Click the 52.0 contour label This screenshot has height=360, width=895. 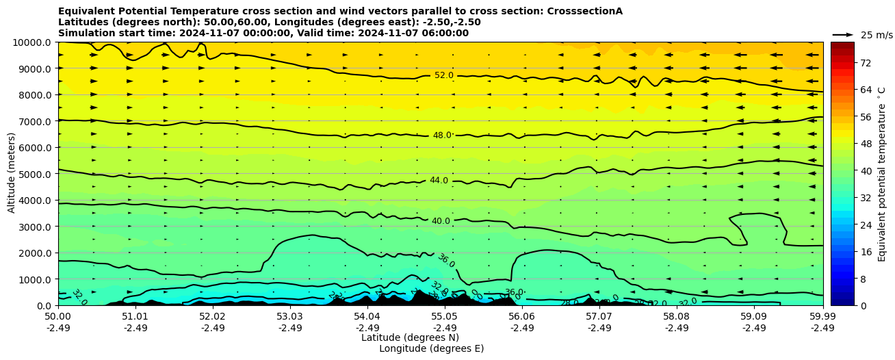[x=443, y=75]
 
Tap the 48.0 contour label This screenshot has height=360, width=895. [x=442, y=136]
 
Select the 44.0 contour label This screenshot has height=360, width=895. [x=439, y=181]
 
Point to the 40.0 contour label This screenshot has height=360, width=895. [x=441, y=221]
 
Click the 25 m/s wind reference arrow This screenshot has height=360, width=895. [x=843, y=34]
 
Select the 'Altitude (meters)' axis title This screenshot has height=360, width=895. [x=12, y=173]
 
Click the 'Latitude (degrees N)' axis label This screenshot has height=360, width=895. [x=410, y=337]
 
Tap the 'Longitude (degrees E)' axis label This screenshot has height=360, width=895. [x=431, y=348]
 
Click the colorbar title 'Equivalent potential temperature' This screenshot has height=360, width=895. [x=882, y=174]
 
